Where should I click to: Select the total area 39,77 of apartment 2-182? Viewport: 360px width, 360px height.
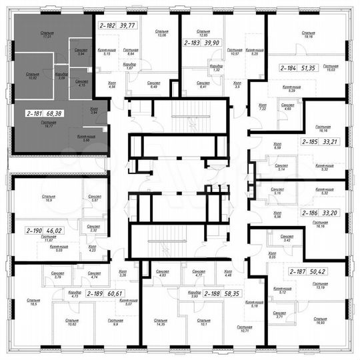pyautogui.click(x=129, y=26)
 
